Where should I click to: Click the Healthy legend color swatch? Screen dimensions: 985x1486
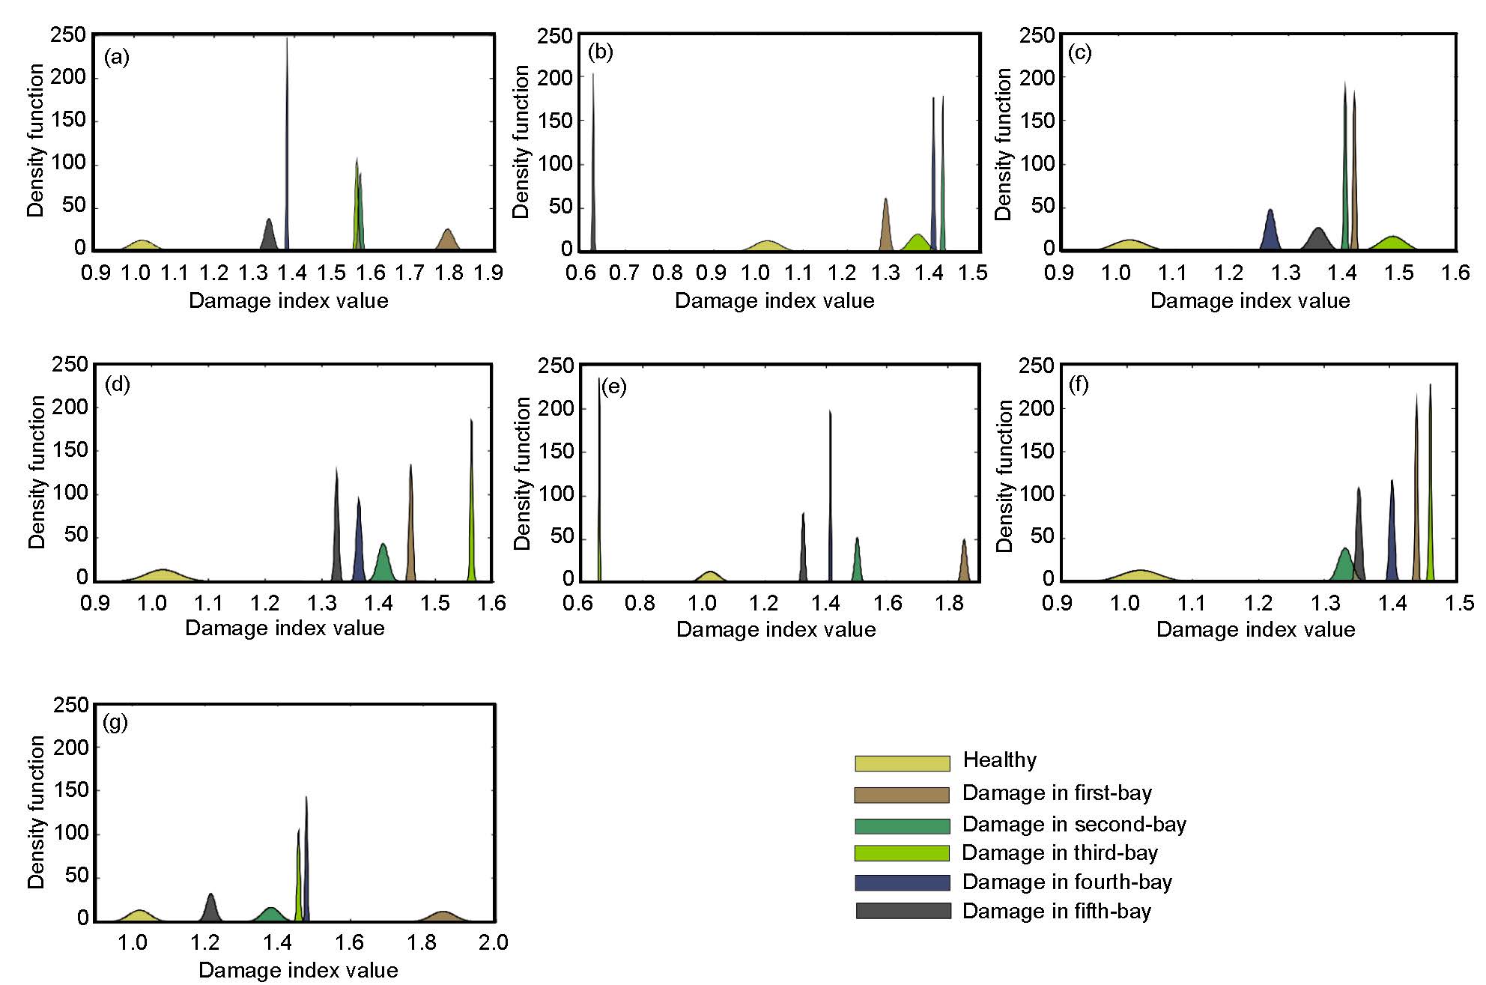click(x=902, y=763)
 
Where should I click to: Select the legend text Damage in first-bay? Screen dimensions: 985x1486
click(x=1057, y=792)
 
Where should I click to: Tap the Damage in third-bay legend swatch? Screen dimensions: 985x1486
click(x=902, y=852)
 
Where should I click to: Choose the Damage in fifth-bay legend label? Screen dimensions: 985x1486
click(x=1056, y=911)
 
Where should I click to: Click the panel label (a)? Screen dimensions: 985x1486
click(x=117, y=57)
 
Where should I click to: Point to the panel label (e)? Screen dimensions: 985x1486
click(x=613, y=387)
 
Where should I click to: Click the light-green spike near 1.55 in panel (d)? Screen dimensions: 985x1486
click(x=471, y=524)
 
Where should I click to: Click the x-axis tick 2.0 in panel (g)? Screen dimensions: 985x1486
click(x=493, y=942)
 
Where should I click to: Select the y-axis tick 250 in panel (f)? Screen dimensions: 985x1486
click(x=1037, y=366)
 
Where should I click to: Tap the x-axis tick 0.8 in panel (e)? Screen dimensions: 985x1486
click(x=640, y=603)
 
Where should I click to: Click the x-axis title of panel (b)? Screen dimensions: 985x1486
click(x=774, y=300)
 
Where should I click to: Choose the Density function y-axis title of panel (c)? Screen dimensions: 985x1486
click(x=1003, y=144)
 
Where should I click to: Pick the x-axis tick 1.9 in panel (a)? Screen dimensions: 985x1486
click(x=488, y=273)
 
